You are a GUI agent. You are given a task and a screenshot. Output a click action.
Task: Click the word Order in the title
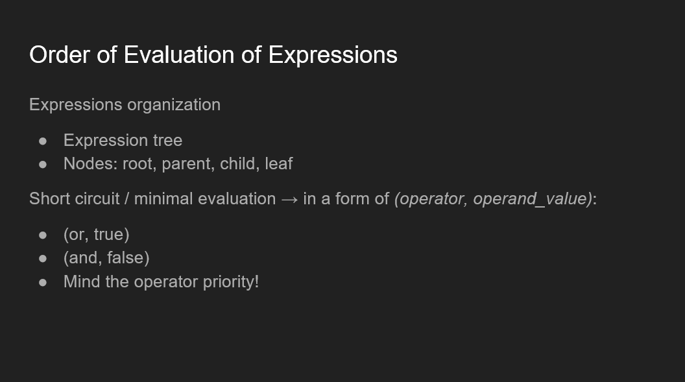[x=60, y=55]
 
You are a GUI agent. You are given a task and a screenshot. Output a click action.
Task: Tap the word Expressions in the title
[x=333, y=56]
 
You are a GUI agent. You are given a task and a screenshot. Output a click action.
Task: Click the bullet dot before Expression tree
[x=43, y=141]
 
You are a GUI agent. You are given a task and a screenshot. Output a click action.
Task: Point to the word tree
[x=167, y=141]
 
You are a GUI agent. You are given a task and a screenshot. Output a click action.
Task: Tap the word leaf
[x=279, y=163]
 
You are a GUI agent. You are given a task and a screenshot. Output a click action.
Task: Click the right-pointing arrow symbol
[x=290, y=200]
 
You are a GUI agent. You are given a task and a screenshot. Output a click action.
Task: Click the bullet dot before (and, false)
[x=43, y=259]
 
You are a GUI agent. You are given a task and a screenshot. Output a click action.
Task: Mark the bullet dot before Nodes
[x=43, y=165]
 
